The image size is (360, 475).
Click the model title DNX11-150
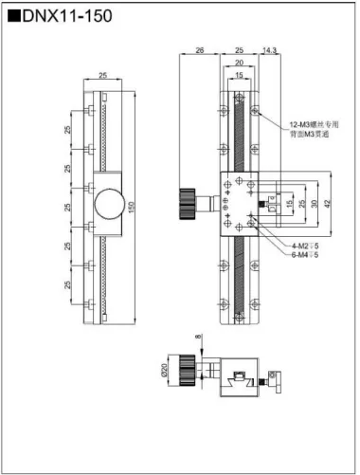60,17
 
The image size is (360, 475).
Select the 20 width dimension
239,63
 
